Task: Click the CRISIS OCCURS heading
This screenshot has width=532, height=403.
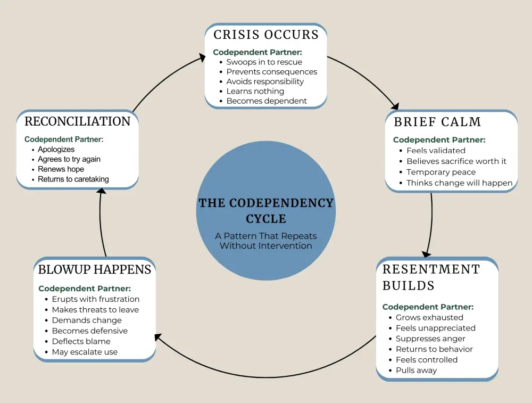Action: (x=266, y=35)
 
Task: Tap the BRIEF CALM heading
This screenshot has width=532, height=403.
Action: (x=437, y=122)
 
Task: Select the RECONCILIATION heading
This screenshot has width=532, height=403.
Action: (x=78, y=121)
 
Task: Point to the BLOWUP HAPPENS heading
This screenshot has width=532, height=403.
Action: (x=95, y=269)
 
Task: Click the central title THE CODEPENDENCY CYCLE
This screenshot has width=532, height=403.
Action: (x=266, y=211)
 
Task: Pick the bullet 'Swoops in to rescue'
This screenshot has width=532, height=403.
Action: (x=264, y=62)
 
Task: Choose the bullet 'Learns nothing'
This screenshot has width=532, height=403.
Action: (x=255, y=91)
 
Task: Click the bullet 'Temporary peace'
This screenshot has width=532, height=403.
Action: (x=441, y=172)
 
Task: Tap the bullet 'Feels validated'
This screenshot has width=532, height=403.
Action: (x=436, y=151)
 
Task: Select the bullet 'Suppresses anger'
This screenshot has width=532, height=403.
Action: (x=430, y=339)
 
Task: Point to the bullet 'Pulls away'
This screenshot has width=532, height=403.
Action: (x=416, y=370)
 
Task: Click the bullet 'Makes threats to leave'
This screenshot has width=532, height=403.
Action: (x=95, y=309)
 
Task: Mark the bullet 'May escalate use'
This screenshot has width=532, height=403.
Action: (x=85, y=352)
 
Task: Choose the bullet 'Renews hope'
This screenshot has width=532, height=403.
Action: (x=61, y=169)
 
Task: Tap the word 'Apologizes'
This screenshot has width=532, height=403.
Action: (x=56, y=150)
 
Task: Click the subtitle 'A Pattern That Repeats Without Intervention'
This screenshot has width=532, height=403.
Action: (x=266, y=241)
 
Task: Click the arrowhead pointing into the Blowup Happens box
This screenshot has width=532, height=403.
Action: (x=157, y=337)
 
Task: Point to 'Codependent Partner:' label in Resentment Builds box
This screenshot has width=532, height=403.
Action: (x=428, y=307)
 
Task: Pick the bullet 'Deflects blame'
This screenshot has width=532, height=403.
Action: (x=81, y=341)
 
